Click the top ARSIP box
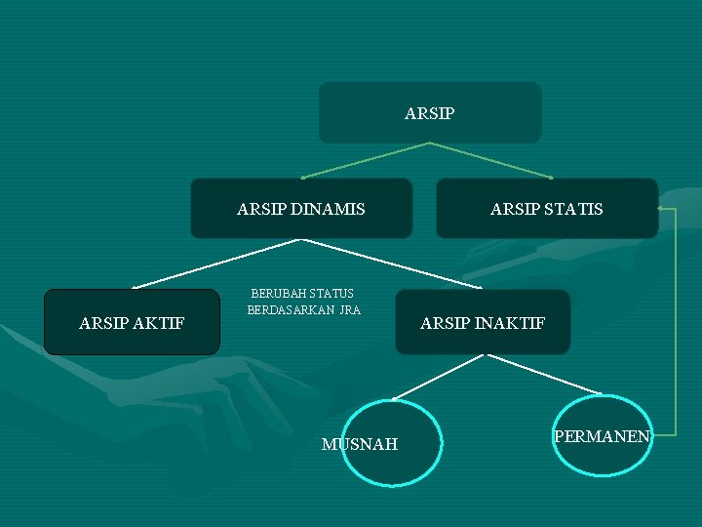(x=430, y=112)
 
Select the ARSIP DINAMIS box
(x=301, y=208)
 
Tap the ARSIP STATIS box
(x=546, y=208)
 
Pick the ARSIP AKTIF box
(x=132, y=322)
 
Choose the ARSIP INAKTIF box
(x=483, y=322)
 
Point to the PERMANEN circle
(x=603, y=436)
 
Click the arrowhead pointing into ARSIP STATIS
(x=663, y=209)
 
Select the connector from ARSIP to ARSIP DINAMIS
(x=366, y=160)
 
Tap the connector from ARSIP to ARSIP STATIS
(x=490, y=160)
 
